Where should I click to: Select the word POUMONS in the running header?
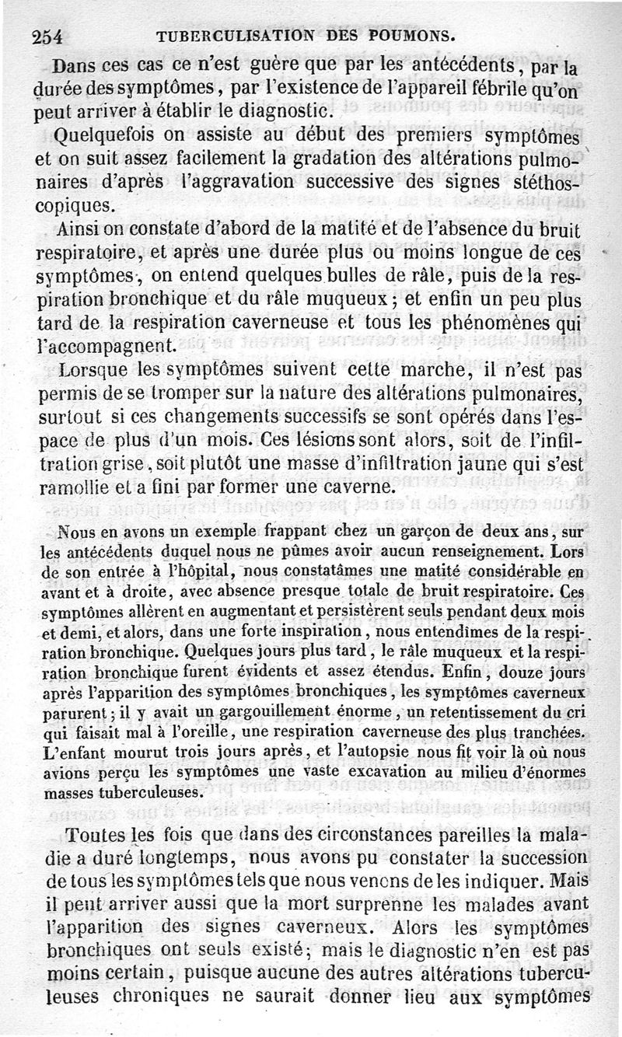click(410, 36)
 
